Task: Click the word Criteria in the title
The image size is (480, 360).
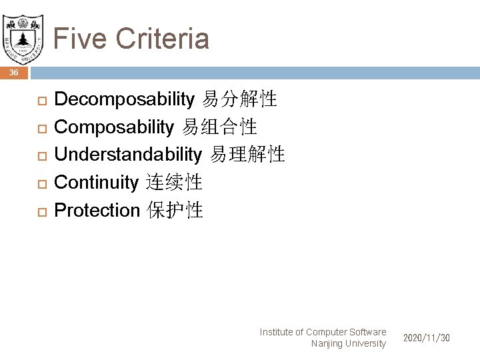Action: (163, 38)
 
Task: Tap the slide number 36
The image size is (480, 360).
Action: (14, 73)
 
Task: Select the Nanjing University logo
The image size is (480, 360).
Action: (23, 36)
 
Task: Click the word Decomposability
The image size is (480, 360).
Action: (124, 100)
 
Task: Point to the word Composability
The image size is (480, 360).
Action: (113, 127)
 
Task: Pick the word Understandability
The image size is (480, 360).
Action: (127, 155)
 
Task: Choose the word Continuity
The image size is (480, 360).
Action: (96, 182)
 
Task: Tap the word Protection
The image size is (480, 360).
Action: (97, 210)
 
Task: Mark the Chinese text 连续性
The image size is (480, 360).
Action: (174, 182)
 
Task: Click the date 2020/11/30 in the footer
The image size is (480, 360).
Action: (426, 338)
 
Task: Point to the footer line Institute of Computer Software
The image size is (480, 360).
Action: (323, 331)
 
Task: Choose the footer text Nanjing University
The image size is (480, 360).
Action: (348, 343)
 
